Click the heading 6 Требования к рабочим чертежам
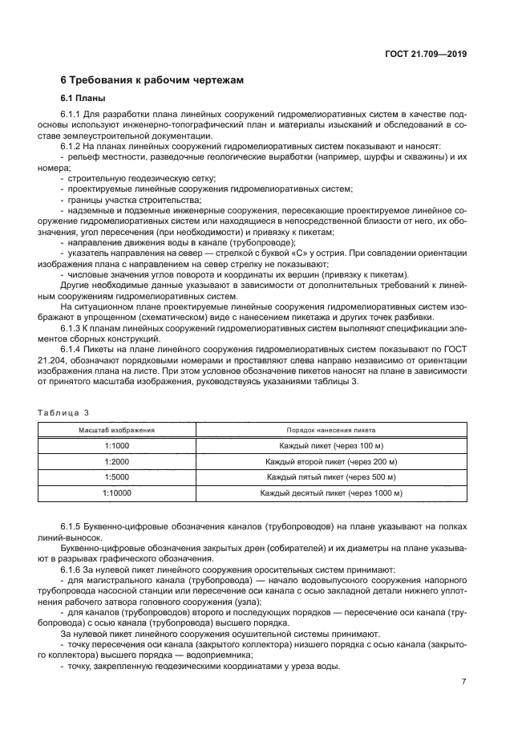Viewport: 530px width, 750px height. [152, 80]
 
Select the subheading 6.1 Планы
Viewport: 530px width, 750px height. [83, 99]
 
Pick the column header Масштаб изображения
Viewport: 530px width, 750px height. [116, 431]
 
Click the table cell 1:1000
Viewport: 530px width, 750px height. [116, 446]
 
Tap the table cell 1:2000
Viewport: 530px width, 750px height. [116, 462]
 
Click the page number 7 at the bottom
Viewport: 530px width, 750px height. [463, 682]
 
